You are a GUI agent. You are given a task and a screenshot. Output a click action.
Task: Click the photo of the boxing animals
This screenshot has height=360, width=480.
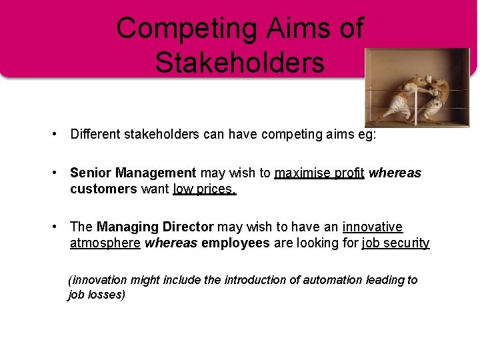(x=417, y=88)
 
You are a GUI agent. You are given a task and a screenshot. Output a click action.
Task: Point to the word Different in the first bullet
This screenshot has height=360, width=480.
(x=95, y=135)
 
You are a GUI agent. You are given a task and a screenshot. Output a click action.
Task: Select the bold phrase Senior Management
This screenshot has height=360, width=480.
(x=133, y=173)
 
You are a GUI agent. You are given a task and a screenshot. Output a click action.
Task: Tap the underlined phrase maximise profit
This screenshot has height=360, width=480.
(x=319, y=173)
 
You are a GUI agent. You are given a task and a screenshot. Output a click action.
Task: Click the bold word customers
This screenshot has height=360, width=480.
(x=103, y=189)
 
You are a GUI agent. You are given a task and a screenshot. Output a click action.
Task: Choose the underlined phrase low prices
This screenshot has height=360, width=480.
(x=205, y=189)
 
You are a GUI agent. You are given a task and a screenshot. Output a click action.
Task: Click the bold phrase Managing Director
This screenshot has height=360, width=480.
(x=155, y=227)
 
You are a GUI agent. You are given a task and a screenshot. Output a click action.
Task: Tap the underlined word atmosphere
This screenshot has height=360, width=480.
(x=105, y=243)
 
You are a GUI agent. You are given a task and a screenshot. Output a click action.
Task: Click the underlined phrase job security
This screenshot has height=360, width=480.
(x=395, y=243)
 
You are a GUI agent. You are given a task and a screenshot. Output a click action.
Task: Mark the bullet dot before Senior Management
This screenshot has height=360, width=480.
(x=56, y=173)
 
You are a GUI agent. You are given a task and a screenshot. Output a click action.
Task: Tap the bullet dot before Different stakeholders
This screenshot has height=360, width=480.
(x=56, y=135)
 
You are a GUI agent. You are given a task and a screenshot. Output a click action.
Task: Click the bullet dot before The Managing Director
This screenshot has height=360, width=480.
(x=56, y=227)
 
